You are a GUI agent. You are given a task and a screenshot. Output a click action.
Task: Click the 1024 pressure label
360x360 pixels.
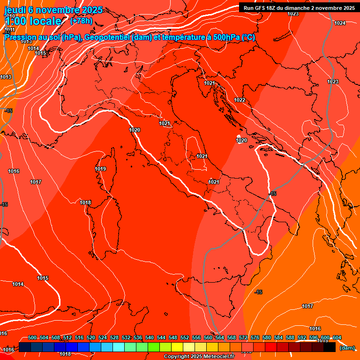[340, 23]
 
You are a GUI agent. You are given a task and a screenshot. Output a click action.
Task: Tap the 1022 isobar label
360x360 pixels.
[240, 100]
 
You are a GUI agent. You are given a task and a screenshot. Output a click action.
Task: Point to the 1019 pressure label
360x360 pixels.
[100, 169]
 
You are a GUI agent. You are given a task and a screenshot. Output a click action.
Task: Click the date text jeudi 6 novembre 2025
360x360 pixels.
[53, 10]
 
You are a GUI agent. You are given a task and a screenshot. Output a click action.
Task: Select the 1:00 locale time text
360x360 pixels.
[33, 21]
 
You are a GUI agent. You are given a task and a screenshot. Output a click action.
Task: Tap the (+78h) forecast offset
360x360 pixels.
[81, 21]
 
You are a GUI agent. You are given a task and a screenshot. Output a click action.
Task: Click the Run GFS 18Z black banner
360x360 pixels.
[299, 7]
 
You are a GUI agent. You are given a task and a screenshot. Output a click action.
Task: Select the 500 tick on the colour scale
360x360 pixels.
[32, 337]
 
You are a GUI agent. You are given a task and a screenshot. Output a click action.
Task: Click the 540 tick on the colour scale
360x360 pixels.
[150, 337]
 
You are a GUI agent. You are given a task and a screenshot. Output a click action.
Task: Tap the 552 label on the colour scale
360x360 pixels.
[185, 337]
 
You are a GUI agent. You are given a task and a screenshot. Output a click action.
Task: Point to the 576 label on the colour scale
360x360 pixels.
[255, 337]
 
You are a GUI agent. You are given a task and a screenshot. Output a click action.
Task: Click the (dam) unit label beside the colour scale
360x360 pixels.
[347, 348]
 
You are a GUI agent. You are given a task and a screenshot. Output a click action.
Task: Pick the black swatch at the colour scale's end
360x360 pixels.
[330, 347]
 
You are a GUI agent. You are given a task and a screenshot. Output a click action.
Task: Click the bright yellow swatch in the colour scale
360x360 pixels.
[177, 347]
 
